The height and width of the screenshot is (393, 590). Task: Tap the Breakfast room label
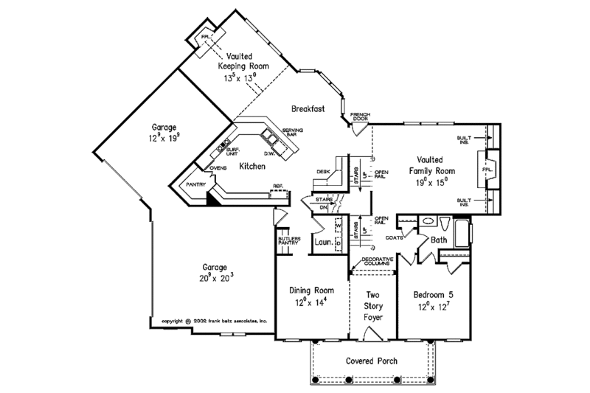(308, 108)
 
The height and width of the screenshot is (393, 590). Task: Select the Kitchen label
(251, 167)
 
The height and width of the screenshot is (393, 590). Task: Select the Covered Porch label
(372, 361)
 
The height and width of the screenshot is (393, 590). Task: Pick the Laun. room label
(321, 241)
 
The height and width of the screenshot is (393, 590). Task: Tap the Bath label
(439, 240)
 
